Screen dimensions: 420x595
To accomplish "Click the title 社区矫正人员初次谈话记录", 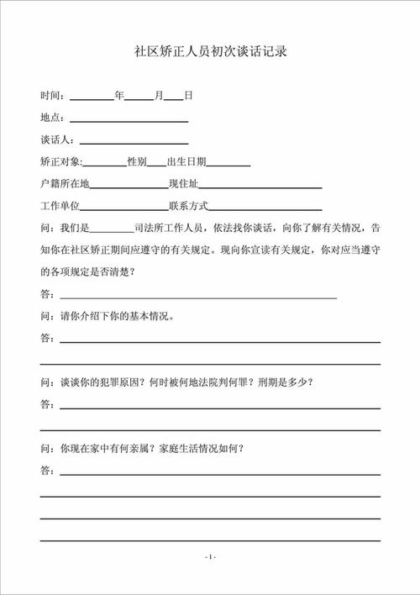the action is [211, 52].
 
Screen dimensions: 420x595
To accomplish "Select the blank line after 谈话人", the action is [134, 141].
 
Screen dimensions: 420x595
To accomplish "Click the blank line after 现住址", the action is [260, 185].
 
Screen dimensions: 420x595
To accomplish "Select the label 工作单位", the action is [59, 206].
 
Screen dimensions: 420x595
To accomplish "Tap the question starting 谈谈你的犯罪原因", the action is [185, 382].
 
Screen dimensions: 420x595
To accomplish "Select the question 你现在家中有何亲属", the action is [151, 448].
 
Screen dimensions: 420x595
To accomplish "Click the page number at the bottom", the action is [210, 556].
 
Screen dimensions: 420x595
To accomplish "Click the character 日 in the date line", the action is [188, 96].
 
